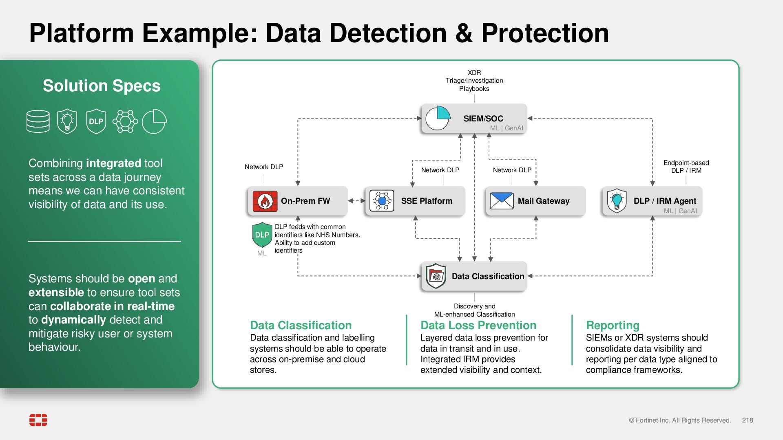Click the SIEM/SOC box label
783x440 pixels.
[x=483, y=119]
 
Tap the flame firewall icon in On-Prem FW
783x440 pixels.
[x=265, y=201]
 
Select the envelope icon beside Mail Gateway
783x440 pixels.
[x=502, y=201]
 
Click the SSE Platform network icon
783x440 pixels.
[x=382, y=201]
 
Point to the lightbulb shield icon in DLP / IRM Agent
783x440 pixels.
[x=617, y=201]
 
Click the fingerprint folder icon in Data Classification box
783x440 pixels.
[x=436, y=276]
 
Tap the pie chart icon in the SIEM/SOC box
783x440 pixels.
[x=438, y=118]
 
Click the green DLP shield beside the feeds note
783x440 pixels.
[x=262, y=235]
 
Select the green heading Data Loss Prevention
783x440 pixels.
[x=478, y=325]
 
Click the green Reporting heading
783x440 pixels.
[x=613, y=325]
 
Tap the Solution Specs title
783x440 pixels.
[x=102, y=86]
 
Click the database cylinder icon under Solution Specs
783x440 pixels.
[x=38, y=121]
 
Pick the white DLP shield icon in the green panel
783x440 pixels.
[x=96, y=121]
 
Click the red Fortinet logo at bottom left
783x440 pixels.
[x=38, y=420]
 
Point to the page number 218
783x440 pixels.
[x=748, y=420]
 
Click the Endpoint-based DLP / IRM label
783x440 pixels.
[x=686, y=167]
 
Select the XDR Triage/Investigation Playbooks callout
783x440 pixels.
[x=474, y=81]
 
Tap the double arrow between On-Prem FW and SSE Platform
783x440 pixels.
[x=357, y=200]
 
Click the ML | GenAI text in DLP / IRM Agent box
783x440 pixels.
[x=680, y=211]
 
